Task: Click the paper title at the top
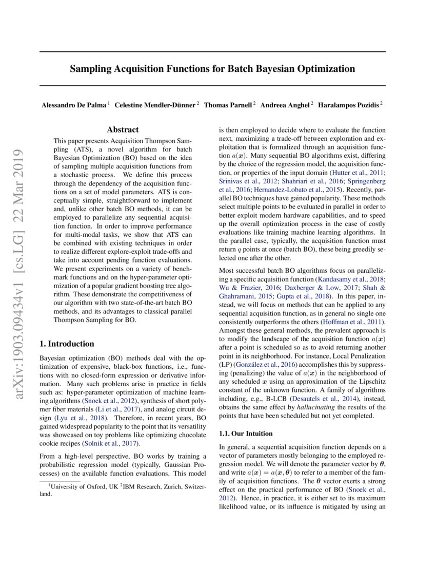212,68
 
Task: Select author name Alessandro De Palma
74,105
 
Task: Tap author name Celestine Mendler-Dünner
155,105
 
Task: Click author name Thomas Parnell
228,105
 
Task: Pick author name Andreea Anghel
285,105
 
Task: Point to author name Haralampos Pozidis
348,105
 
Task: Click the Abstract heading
123,130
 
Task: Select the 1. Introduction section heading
67,344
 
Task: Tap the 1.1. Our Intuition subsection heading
246,434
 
